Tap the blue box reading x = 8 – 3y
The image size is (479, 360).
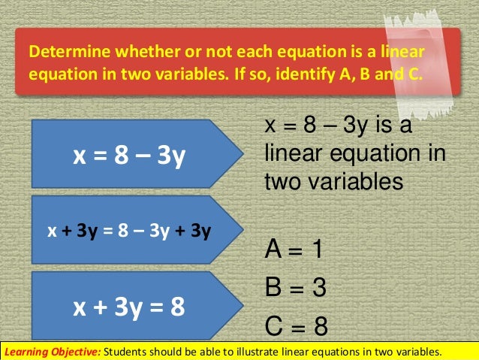click(x=128, y=156)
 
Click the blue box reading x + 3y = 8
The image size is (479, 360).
click(x=128, y=307)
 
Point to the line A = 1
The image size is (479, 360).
click(x=294, y=250)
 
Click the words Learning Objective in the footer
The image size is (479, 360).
click(x=51, y=352)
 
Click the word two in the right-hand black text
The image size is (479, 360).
click(x=279, y=181)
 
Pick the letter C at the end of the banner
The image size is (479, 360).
click(x=416, y=76)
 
